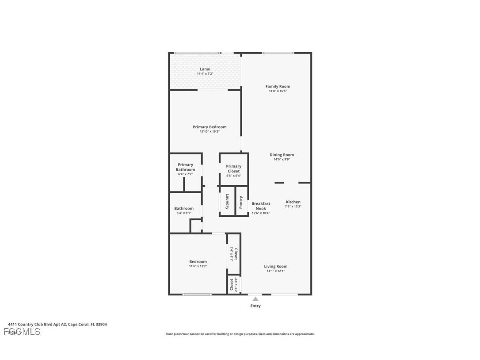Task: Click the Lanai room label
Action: click(x=205, y=69)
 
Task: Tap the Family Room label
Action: click(x=278, y=86)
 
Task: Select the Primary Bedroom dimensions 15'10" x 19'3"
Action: click(x=210, y=131)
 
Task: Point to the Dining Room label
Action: click(x=282, y=155)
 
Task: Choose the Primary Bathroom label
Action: click(x=185, y=167)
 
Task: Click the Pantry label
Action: click(x=241, y=202)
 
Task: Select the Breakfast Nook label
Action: click(x=261, y=206)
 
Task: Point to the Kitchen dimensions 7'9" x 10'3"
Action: click(x=293, y=207)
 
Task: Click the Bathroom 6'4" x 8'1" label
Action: click(x=183, y=211)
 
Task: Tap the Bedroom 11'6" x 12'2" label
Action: click(x=198, y=264)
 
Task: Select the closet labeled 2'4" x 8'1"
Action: click(x=234, y=254)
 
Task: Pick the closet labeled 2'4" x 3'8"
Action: click(x=234, y=285)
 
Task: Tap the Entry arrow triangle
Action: click(x=255, y=299)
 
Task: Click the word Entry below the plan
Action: click(x=255, y=306)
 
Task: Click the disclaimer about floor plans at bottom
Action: click(x=240, y=334)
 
